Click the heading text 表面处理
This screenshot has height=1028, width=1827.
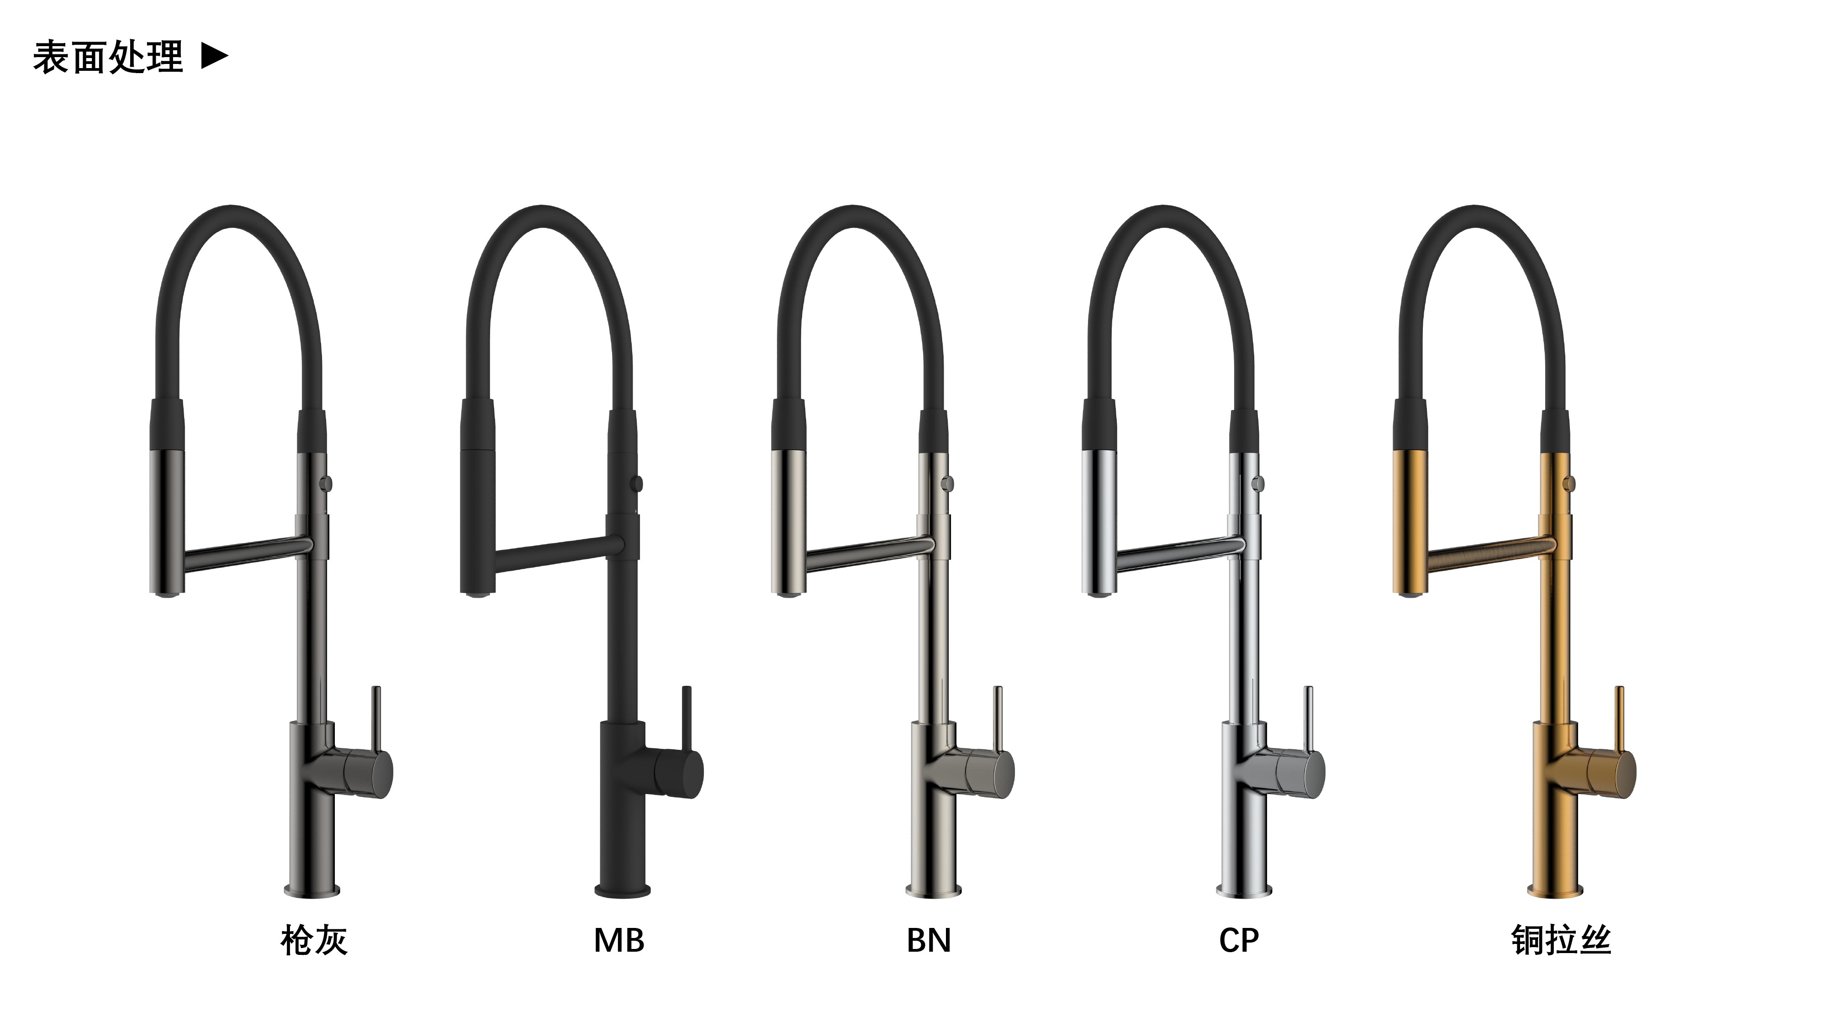[x=108, y=57]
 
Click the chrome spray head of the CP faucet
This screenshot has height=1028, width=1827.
[x=1098, y=521]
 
